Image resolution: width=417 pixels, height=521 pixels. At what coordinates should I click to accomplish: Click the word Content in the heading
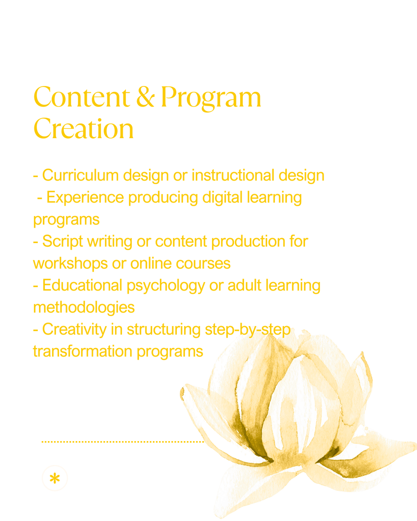click(82, 97)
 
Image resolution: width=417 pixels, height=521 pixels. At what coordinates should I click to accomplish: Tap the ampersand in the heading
click(146, 97)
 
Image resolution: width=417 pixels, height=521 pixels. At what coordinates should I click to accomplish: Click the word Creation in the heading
click(83, 129)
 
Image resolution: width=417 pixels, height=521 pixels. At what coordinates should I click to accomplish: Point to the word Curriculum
click(80, 175)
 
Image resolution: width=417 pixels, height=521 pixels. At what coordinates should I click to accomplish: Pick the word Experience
click(85, 197)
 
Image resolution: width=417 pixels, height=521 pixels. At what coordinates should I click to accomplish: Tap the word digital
click(222, 197)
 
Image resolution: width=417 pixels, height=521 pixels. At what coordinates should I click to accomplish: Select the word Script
click(63, 241)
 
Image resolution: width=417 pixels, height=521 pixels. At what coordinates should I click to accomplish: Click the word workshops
click(70, 264)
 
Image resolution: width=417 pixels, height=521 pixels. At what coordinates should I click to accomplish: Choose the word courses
click(203, 264)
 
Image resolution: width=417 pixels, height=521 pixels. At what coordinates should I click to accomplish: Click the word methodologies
click(84, 308)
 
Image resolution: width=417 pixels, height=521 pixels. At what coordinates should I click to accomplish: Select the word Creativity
click(74, 330)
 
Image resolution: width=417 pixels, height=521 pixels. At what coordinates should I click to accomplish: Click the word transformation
click(83, 351)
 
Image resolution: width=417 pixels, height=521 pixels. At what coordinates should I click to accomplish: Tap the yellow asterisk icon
click(55, 478)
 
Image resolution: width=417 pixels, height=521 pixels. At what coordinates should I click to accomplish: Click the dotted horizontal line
click(123, 442)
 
